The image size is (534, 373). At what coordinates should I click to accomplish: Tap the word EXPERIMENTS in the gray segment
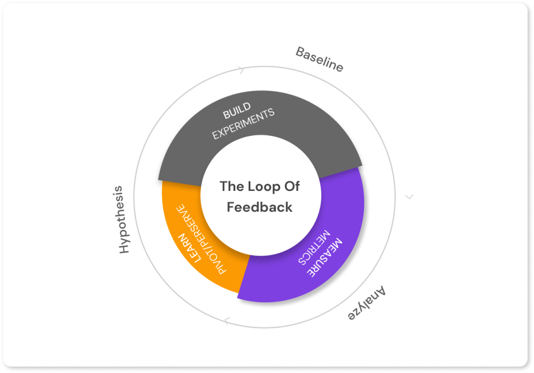coord(243,124)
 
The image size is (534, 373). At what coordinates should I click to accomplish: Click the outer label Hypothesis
coord(123,219)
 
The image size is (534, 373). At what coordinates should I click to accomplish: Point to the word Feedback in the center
coord(260,207)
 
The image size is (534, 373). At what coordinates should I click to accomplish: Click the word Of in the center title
coord(292,186)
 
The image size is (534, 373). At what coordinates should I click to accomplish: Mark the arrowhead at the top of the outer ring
coord(241,70)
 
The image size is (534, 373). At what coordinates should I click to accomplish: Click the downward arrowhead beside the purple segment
coord(409,197)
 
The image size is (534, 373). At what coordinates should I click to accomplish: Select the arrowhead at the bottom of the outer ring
coord(226,321)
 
